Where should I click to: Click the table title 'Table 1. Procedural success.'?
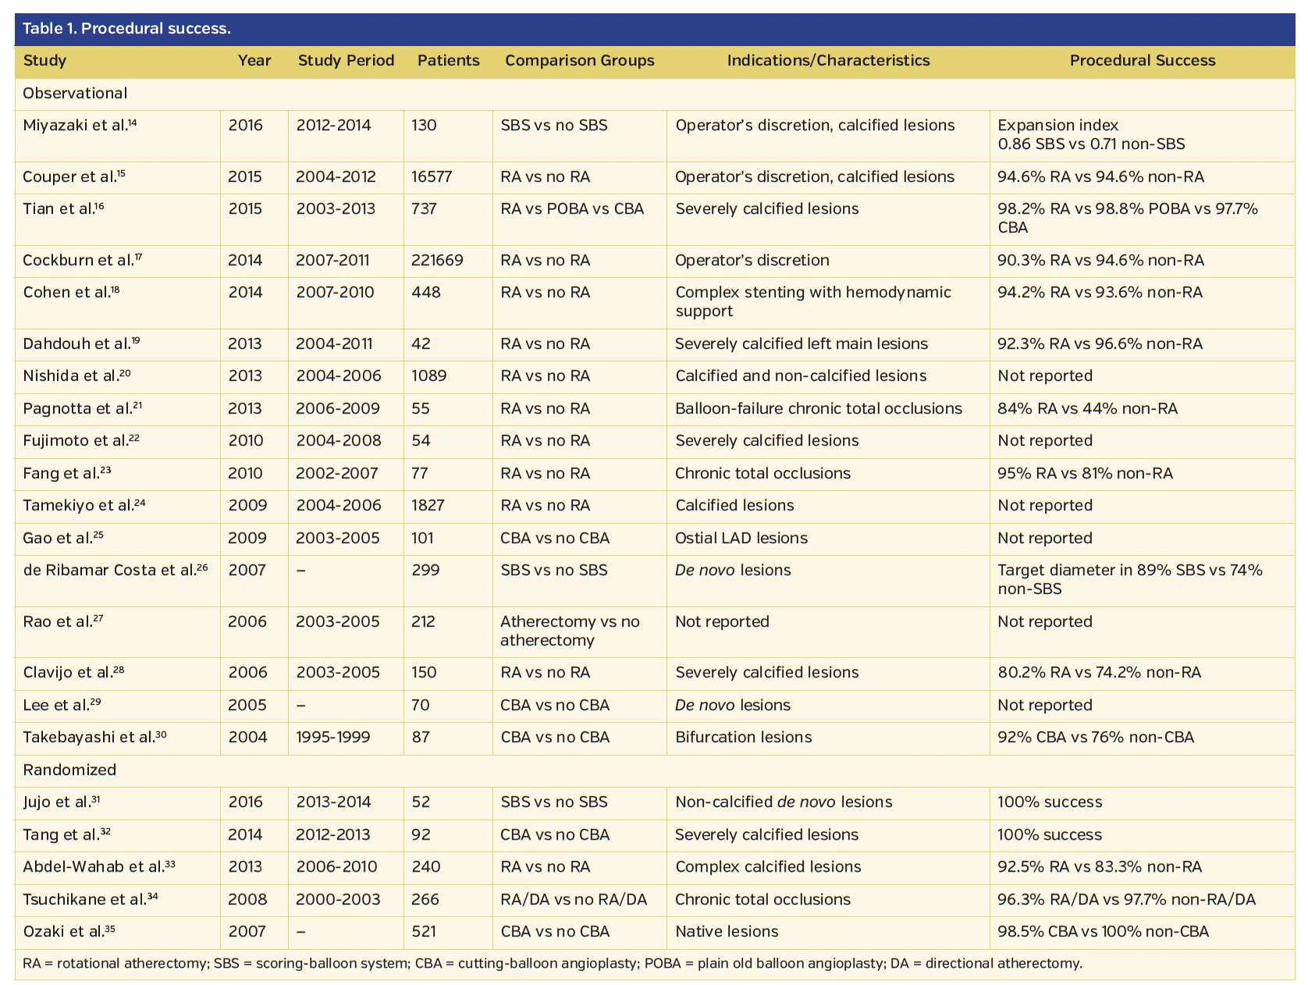[x=126, y=29]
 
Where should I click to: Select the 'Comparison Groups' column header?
[x=579, y=61]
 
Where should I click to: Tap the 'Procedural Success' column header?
[x=1142, y=61]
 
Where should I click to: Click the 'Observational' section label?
[x=75, y=94]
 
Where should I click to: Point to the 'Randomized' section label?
[x=69, y=770]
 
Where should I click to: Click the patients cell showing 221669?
[x=437, y=261]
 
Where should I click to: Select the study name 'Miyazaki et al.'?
[x=75, y=126]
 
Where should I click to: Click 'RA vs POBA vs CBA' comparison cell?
[x=572, y=209]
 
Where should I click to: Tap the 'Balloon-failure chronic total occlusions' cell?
[x=819, y=409]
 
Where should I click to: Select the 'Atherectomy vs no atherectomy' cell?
[x=570, y=631]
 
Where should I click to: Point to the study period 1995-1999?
[x=333, y=738]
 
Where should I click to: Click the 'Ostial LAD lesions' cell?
[x=741, y=539]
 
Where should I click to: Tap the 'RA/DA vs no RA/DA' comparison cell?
[x=574, y=900]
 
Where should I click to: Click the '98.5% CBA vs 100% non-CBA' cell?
[x=1103, y=932]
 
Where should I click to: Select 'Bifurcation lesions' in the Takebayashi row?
[x=743, y=738]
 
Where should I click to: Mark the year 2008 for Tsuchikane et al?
[x=247, y=900]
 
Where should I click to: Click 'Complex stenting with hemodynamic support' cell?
[x=812, y=302]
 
